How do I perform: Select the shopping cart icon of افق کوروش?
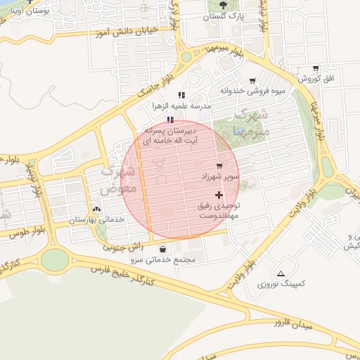pyautogui.click(x=314, y=69)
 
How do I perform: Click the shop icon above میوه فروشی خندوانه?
pyautogui.click(x=252, y=81)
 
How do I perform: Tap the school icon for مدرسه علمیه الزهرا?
pyautogui.click(x=181, y=95)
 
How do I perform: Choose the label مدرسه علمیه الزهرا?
pyautogui.click(x=177, y=106)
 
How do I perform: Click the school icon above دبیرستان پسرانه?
pyautogui.click(x=170, y=120)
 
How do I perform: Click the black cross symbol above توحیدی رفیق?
pyautogui.click(x=219, y=195)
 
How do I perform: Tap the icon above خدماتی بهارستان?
pyautogui.click(x=96, y=209)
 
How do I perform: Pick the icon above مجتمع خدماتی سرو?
pyautogui.click(x=163, y=249)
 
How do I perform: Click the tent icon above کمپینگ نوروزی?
pyautogui.click(x=281, y=274)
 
